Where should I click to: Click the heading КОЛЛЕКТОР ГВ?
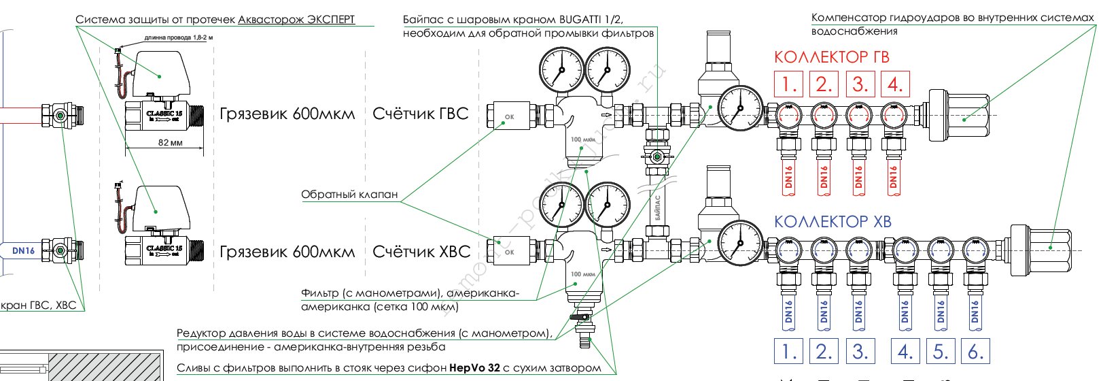[x=831, y=57]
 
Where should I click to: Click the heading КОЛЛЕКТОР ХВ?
[x=833, y=222]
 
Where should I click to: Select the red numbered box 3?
[x=860, y=84]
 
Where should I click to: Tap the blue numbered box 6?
[x=975, y=352]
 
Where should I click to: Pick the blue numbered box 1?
[x=789, y=352]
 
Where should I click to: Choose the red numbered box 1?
[x=789, y=84]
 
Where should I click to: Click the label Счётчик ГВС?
[x=421, y=114]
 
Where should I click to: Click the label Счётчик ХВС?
[x=421, y=252]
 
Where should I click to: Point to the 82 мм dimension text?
[x=170, y=143]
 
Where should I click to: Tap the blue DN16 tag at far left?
[x=23, y=250]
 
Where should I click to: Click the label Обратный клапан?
[x=349, y=195]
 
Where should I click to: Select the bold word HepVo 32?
[x=474, y=368]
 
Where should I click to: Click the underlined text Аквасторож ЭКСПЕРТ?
[x=296, y=20]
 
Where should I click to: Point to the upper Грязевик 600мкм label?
[x=287, y=114]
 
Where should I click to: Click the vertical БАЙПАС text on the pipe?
[x=657, y=208]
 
